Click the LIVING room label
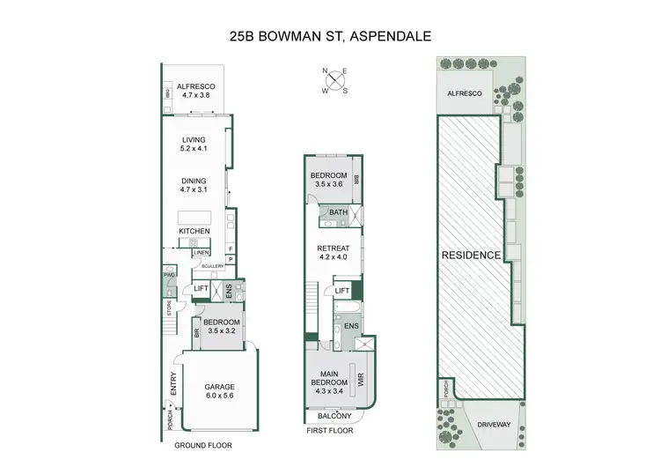click(194, 139)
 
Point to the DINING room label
click(194, 181)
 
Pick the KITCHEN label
click(194, 231)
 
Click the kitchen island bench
click(194, 217)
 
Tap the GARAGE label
click(220, 386)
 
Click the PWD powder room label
click(166, 276)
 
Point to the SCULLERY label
click(213, 265)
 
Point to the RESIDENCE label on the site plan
click(472, 256)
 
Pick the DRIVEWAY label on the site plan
click(495, 425)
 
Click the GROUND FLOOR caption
click(202, 446)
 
